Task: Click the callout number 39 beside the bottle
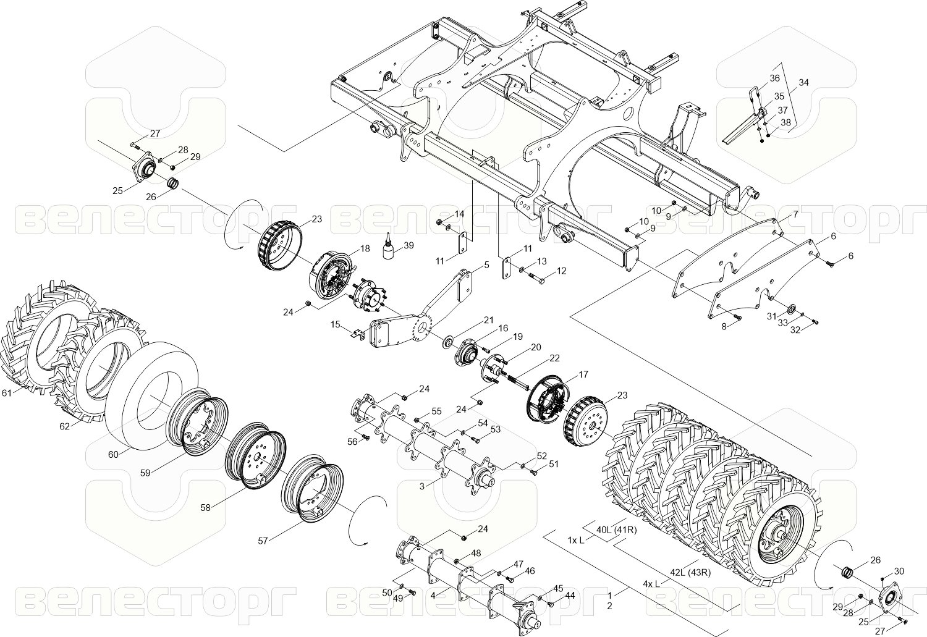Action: (408, 245)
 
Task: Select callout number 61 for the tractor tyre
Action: (7, 392)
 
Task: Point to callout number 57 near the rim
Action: (263, 541)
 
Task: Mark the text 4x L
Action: (651, 583)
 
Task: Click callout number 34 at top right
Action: (803, 82)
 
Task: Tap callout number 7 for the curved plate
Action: (796, 214)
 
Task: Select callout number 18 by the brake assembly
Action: (365, 248)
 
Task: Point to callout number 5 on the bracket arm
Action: (486, 264)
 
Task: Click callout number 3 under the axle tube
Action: (422, 487)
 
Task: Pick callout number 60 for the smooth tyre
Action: (113, 454)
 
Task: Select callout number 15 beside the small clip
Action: (336, 324)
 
